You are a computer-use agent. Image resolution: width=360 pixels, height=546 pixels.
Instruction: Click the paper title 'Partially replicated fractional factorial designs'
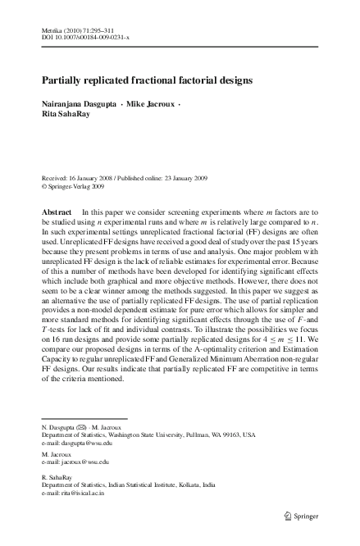(x=148, y=82)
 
